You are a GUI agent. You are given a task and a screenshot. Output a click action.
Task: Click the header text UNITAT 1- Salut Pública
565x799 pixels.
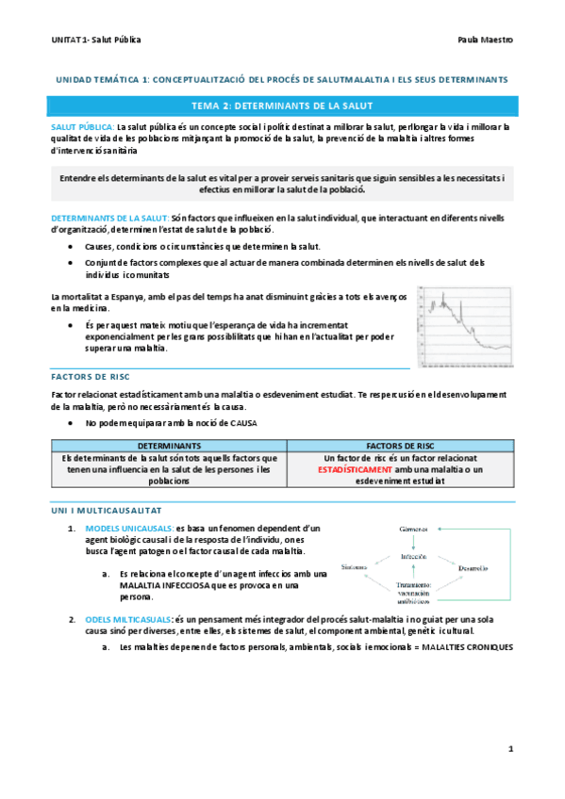tap(97, 41)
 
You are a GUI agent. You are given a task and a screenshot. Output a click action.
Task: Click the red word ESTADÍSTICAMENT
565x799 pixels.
tap(356, 468)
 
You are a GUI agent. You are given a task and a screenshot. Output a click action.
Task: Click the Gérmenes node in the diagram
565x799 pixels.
tap(414, 530)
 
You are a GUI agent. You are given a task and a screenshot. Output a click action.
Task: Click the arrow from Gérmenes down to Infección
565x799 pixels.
tap(414, 544)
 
